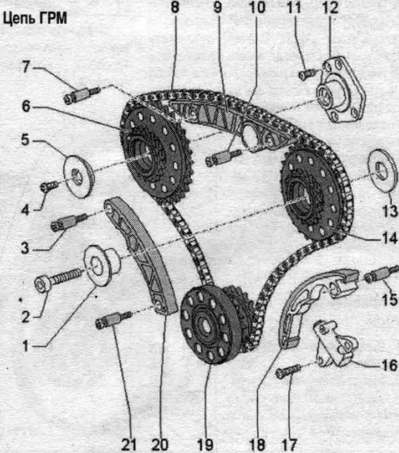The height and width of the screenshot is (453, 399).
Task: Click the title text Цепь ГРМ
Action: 35,19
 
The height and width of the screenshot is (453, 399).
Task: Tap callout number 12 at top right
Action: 330,7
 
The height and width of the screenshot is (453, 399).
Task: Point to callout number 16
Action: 390,366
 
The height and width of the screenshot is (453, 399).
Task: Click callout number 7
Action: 27,67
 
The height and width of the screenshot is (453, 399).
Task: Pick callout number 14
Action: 390,238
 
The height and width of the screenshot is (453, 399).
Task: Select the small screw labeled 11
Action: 308,73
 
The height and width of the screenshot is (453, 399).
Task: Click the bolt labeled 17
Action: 288,371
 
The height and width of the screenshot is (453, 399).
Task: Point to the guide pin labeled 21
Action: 113,319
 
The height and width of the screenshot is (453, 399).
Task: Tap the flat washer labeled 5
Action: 79,177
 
